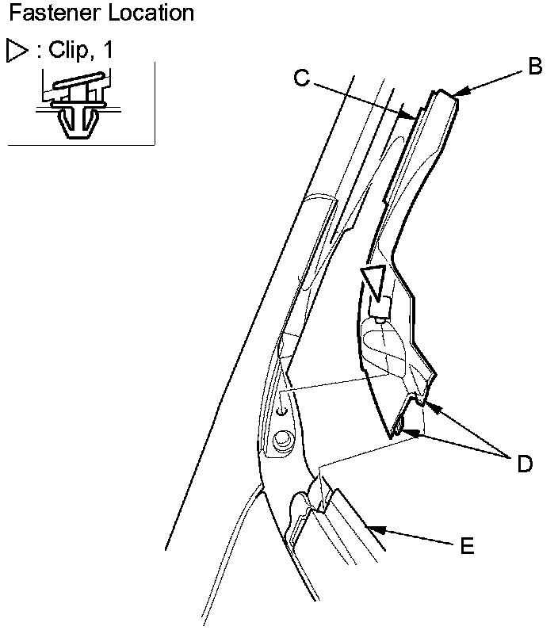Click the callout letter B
(535, 67)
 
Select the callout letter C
(300, 77)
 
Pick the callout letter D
(524, 463)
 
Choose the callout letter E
(468, 545)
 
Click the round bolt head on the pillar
(281, 440)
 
